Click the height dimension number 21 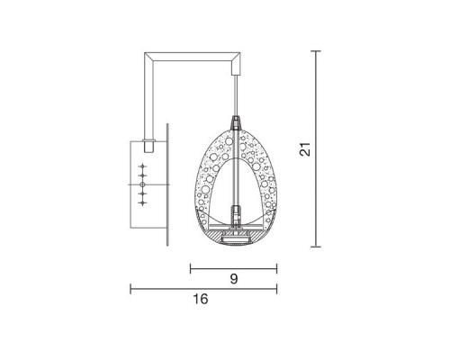pyautogui.click(x=306, y=148)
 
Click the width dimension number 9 pyautogui.click(x=233, y=279)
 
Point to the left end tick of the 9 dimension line pyautogui.click(x=191, y=266)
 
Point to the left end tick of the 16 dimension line pyautogui.click(x=131, y=288)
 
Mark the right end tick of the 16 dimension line pyautogui.click(x=276, y=288)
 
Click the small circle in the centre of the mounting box pyautogui.click(x=142, y=184)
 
